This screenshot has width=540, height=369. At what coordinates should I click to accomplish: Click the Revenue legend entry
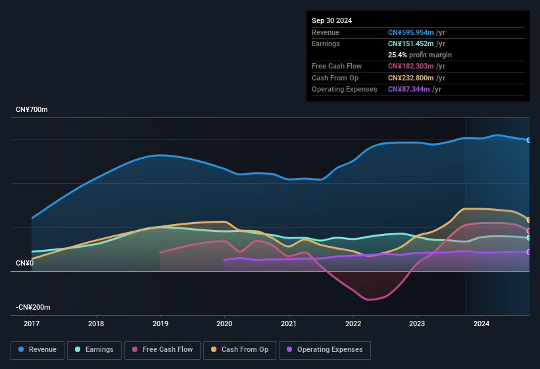pos(38,349)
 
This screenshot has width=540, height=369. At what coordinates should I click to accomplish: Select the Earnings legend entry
pos(94,349)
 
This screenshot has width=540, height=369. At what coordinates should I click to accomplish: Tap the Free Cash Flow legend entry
pos(162,349)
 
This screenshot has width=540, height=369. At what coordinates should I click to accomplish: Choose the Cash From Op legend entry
pos(239,349)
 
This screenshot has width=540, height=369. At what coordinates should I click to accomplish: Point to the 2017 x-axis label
pos(32,324)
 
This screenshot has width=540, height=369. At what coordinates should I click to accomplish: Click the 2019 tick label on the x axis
pos(160,324)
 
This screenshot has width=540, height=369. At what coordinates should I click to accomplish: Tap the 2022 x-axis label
pos(353,324)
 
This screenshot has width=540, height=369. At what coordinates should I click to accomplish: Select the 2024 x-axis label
pos(481,324)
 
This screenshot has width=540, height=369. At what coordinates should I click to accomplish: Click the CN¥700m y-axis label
pos(32,109)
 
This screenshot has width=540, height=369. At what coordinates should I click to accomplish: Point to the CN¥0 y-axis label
pos(24,264)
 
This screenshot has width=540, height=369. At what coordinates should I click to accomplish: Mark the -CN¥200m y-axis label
pos(34,308)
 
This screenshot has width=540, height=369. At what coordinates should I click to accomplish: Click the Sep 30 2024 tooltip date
pos(331,20)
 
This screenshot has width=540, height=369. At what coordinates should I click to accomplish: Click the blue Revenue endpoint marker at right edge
pos(529,140)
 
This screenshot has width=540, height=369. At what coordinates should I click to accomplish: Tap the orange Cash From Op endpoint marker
pos(529,220)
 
